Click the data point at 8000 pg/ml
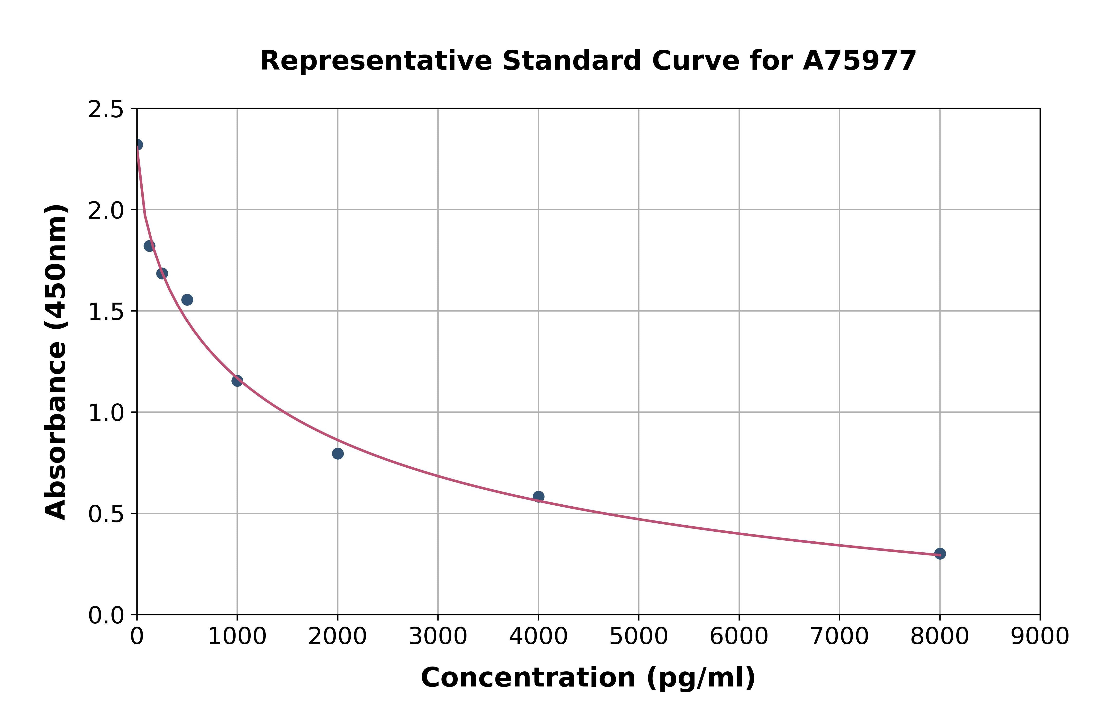(x=940, y=553)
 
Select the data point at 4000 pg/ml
(x=538, y=497)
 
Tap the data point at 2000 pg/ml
(x=338, y=454)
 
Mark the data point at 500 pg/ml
(x=187, y=300)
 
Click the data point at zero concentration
(x=137, y=145)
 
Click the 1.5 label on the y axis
(x=106, y=312)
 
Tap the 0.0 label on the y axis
(x=106, y=616)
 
